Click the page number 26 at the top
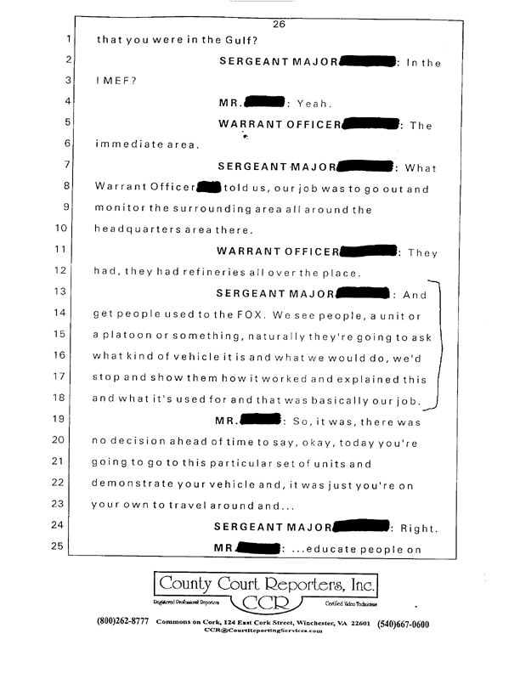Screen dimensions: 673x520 (x=279, y=24)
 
